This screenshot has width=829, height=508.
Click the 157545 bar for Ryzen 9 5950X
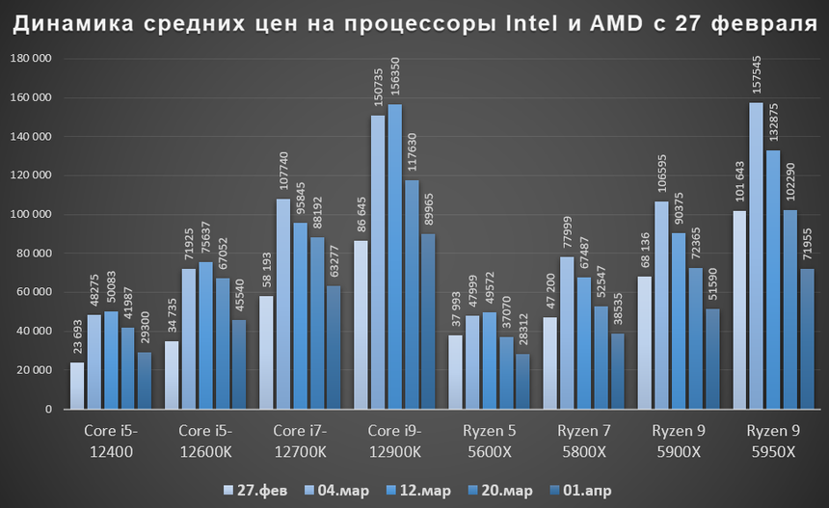(x=756, y=255)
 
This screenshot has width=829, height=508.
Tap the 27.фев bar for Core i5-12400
(x=77, y=386)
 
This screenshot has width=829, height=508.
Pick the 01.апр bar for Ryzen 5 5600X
(x=522, y=382)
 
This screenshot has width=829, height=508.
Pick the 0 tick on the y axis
(x=47, y=409)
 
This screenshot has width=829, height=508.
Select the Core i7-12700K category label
(x=301, y=440)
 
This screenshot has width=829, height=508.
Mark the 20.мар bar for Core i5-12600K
(x=223, y=343)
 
